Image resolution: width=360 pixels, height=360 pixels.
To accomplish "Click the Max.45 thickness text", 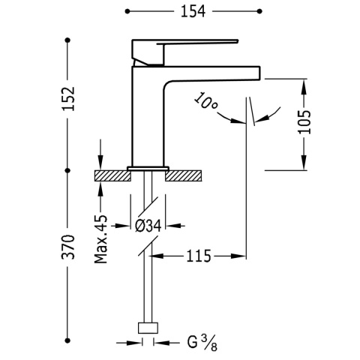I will click(x=100, y=239).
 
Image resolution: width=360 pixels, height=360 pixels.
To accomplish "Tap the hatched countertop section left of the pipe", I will click(x=109, y=175).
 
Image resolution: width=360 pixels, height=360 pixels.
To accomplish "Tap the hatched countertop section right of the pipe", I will click(x=184, y=175).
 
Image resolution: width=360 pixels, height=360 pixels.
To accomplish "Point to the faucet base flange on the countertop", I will click(x=147, y=166).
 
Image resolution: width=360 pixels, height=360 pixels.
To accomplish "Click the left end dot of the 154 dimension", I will click(x=127, y=12).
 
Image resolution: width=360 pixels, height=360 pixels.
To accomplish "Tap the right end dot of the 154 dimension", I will click(x=259, y=12).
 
